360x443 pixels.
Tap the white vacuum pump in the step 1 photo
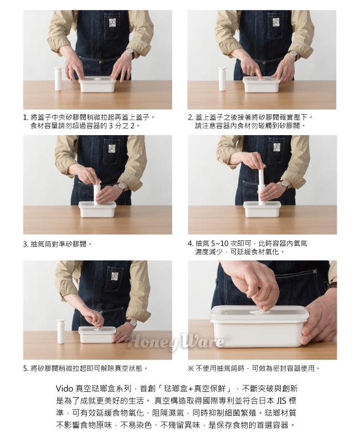tap(58, 79)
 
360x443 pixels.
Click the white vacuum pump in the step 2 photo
tap(222, 79)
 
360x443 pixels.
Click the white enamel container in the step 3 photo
tap(97, 209)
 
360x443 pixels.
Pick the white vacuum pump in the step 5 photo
tap(60, 331)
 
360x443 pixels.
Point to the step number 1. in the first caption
tap(25, 117)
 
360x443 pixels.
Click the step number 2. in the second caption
tap(191, 117)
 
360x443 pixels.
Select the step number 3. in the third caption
tap(26, 244)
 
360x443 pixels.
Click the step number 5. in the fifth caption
tap(26, 369)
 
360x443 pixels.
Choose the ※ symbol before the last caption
tap(191, 368)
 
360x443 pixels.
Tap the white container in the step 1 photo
tap(97, 84)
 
